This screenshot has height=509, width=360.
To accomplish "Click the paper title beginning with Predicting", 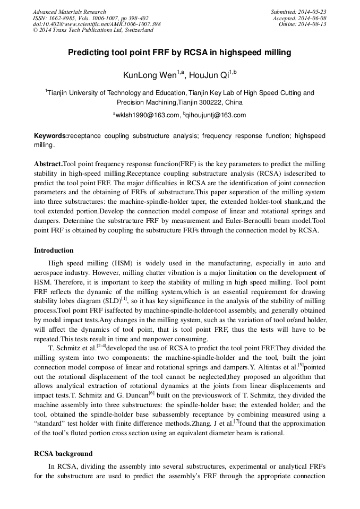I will click(x=179, y=53).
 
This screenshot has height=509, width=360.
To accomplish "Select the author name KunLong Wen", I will click(x=149, y=75).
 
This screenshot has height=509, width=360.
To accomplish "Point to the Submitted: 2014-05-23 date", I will click(x=298, y=12).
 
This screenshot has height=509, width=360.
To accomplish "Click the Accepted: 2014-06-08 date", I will click(x=300, y=18).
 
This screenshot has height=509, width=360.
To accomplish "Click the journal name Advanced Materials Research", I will click(x=70, y=12).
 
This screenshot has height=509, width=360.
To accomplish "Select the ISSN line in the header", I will click(x=91, y=18).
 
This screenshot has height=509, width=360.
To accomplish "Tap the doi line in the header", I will click(x=97, y=24).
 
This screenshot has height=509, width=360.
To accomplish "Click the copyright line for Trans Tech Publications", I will click(x=93, y=30).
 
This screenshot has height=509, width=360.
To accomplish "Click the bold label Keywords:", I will click(x=51, y=136).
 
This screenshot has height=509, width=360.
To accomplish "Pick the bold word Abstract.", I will click(x=48, y=164).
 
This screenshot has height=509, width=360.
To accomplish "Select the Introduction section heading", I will click(x=54, y=250).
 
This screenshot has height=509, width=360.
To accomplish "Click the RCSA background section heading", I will click(x=63, y=454).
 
